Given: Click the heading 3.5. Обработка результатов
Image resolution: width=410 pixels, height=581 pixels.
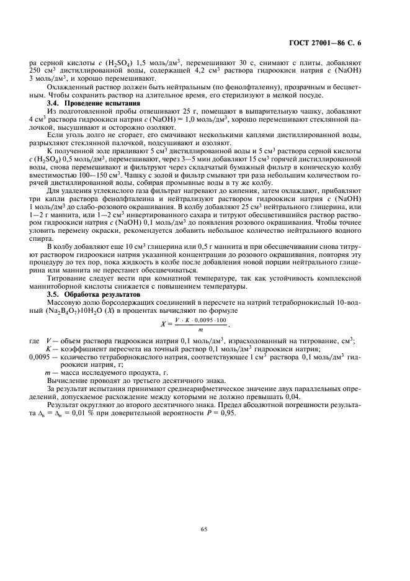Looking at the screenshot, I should coord(89,295).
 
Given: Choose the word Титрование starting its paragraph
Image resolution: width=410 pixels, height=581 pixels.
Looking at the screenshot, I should coord(68,279).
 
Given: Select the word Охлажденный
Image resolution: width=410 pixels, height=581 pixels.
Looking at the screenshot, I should coord(71,88).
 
